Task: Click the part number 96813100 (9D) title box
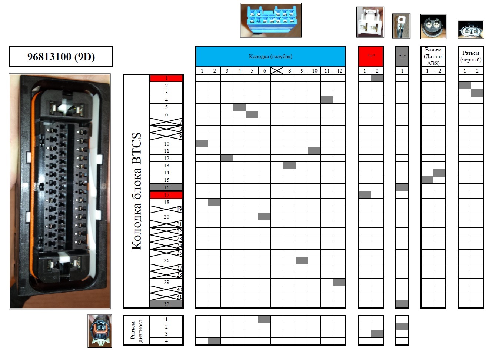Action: [x=61, y=57]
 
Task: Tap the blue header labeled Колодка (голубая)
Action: [x=270, y=56]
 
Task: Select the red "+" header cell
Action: [x=371, y=56]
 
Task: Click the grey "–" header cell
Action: [x=402, y=56]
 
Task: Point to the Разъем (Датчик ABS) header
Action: [x=433, y=56]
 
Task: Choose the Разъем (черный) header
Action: [x=471, y=56]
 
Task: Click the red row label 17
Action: [x=166, y=195]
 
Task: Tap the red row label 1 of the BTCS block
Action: [x=166, y=78]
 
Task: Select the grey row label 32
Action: [x=166, y=304]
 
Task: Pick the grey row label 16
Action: [x=166, y=187]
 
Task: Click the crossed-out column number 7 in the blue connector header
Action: [x=277, y=71]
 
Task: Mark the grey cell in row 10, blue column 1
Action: [x=202, y=144]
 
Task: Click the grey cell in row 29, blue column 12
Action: [x=339, y=282]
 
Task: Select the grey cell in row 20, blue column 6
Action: [x=264, y=217]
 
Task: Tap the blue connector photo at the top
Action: [x=270, y=20]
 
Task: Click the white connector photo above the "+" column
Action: [x=370, y=22]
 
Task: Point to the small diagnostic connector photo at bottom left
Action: [x=100, y=331]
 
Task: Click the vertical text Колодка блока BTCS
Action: [x=136, y=191]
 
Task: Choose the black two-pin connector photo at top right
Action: [x=471, y=30]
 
